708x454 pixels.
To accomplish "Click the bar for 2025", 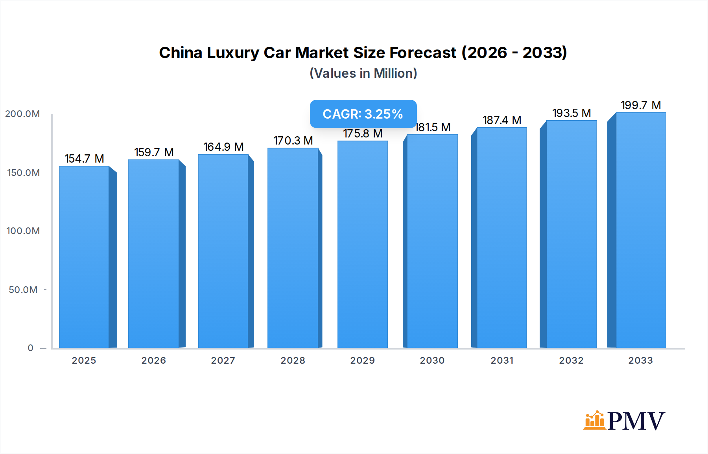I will coord(84,257).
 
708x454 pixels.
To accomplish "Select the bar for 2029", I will coord(362,244).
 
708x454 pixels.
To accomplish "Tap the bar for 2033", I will coord(640,230).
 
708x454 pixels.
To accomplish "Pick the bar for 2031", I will coord(501,238).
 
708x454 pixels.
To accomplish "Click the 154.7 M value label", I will coord(84,159).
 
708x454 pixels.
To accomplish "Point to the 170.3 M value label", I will coord(293,141).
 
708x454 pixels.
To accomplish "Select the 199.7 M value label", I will coord(640,105).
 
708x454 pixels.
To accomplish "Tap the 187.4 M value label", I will coord(501,120).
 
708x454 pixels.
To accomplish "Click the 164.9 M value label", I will coord(223,147).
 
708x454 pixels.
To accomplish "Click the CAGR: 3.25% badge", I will coord(363,114).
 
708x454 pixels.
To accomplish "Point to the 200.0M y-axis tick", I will coord(22,114).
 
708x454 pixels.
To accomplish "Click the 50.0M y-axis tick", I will coord(23,290).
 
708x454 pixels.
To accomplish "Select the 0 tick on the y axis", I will coord(30,348).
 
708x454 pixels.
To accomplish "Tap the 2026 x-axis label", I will coord(153,361).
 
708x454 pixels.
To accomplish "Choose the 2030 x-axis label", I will coord(432,361).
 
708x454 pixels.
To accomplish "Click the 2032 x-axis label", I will coord(571,361).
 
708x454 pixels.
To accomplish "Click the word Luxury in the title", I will coord(233,53).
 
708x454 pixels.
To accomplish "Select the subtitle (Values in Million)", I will coord(363,73).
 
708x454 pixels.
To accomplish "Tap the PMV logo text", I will coord(636,421).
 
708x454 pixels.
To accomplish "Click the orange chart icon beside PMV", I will coord(594,420).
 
